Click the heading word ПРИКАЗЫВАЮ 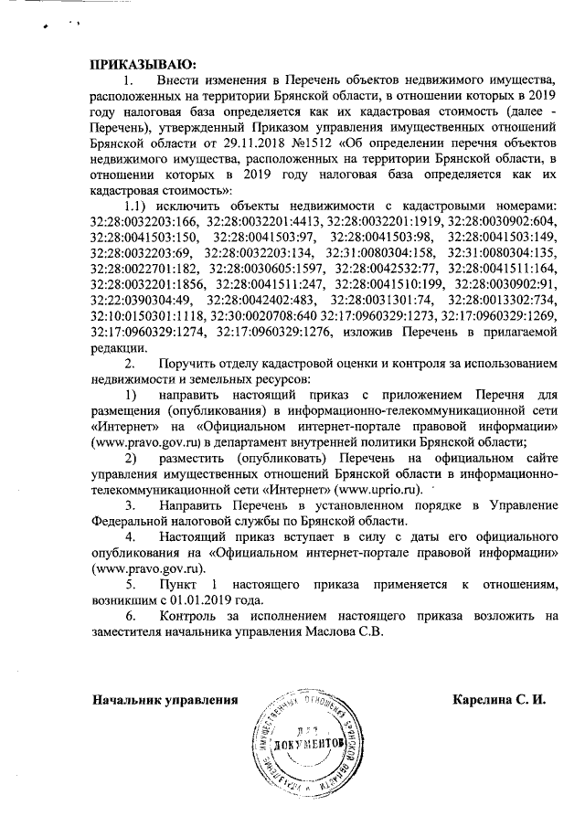click(x=142, y=64)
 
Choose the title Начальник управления click(x=165, y=702)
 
